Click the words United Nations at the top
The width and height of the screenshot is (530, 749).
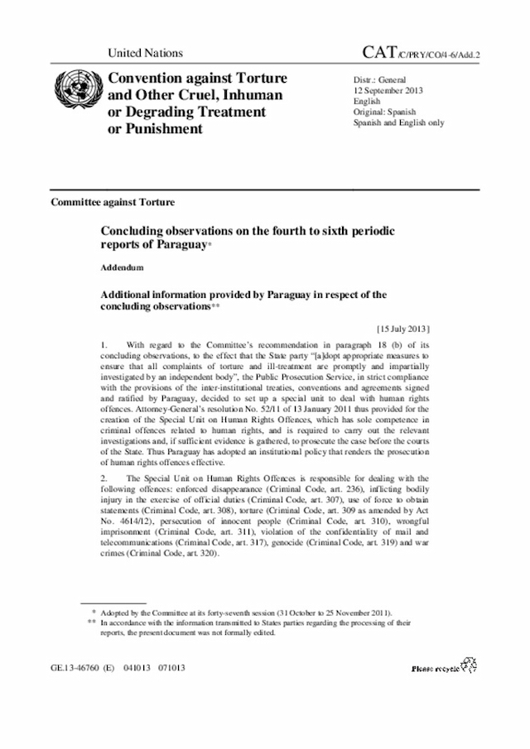[145, 53]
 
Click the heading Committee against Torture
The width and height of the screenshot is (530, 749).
[113, 202]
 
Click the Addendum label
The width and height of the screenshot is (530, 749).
[123, 268]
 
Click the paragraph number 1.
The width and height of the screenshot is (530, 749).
[104, 343]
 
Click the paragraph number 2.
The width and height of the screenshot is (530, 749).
[104, 479]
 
